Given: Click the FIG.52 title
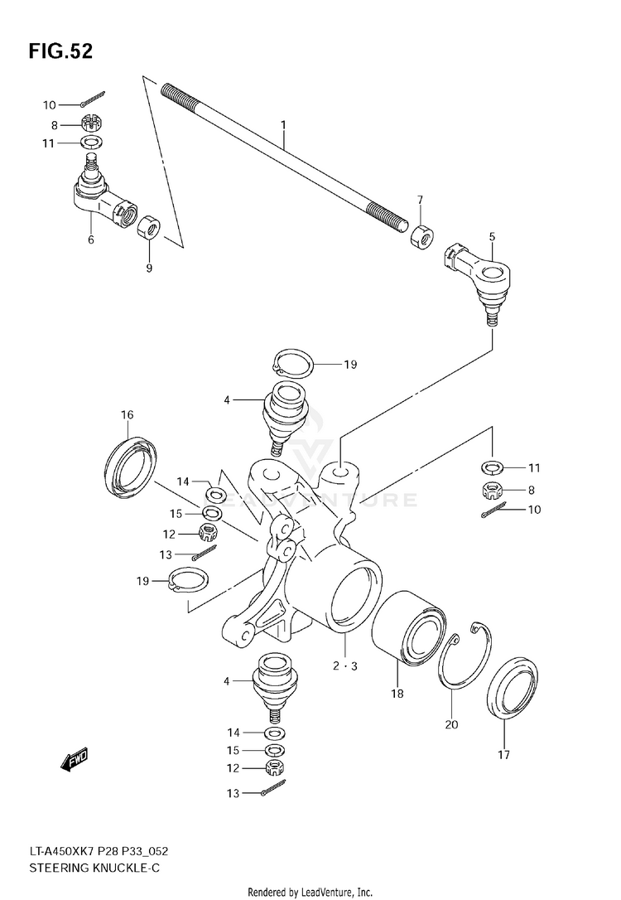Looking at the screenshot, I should [60, 51].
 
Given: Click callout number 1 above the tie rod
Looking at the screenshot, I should [282, 125].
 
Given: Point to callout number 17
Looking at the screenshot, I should [504, 755].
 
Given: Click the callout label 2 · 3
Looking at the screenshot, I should [344, 665].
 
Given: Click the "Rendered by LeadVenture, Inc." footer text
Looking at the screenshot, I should [310, 892].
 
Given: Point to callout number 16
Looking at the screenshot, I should [127, 415].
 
